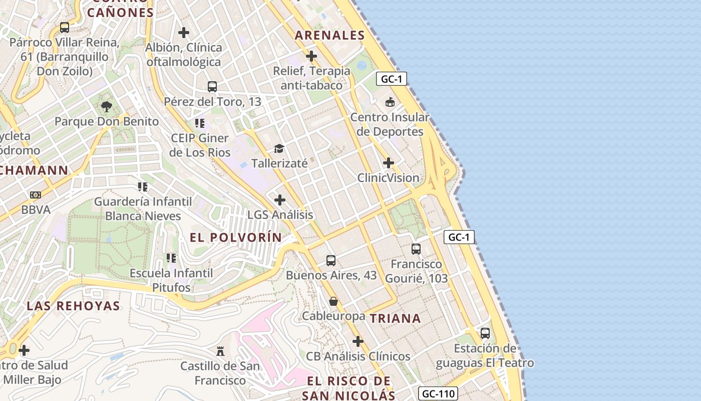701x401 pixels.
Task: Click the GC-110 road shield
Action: [438, 393]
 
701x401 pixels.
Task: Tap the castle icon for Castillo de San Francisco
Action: [220, 350]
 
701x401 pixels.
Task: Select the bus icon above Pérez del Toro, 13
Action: [212, 86]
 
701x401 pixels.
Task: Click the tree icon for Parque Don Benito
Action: [106, 106]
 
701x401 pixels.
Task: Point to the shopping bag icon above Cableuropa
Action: [333, 301]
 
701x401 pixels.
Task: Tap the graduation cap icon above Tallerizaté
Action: [279, 148]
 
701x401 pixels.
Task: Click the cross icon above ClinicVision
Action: [388, 163]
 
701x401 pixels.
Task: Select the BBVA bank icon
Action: [36, 194]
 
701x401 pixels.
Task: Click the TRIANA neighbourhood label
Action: [395, 318]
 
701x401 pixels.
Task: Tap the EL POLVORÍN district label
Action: [236, 238]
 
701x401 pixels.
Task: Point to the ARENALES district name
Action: [329, 35]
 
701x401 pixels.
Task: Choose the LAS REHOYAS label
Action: [73, 306]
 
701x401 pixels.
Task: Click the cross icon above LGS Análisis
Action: [280, 200]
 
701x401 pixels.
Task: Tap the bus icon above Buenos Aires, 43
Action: [331, 261]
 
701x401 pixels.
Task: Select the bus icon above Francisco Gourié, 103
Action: [416, 249]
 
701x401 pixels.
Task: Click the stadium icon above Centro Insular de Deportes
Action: [390, 102]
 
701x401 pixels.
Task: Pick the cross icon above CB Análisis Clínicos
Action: [358, 341]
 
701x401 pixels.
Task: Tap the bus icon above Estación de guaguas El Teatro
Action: [485, 333]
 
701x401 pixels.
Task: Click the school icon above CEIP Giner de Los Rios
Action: [200, 123]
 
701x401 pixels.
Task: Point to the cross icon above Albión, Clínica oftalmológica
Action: [184, 33]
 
